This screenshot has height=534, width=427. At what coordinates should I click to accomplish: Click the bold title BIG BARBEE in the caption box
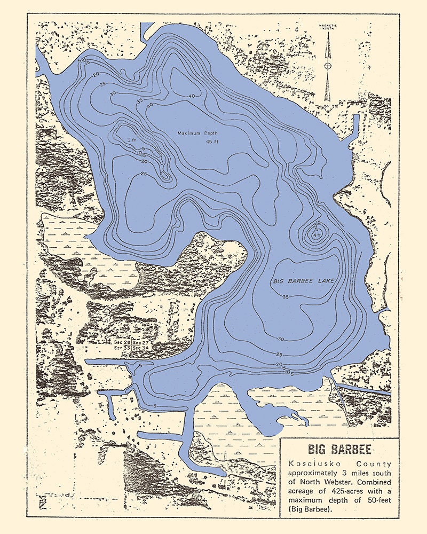click(x=339, y=448)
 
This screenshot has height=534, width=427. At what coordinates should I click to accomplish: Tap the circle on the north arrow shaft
click(x=327, y=66)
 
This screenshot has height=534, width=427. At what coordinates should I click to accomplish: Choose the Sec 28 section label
click(x=122, y=341)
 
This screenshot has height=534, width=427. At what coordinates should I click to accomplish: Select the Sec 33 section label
click(x=122, y=348)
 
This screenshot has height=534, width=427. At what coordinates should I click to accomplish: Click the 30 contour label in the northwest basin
click(x=113, y=93)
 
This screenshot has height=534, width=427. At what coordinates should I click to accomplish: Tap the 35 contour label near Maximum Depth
click(x=139, y=101)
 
